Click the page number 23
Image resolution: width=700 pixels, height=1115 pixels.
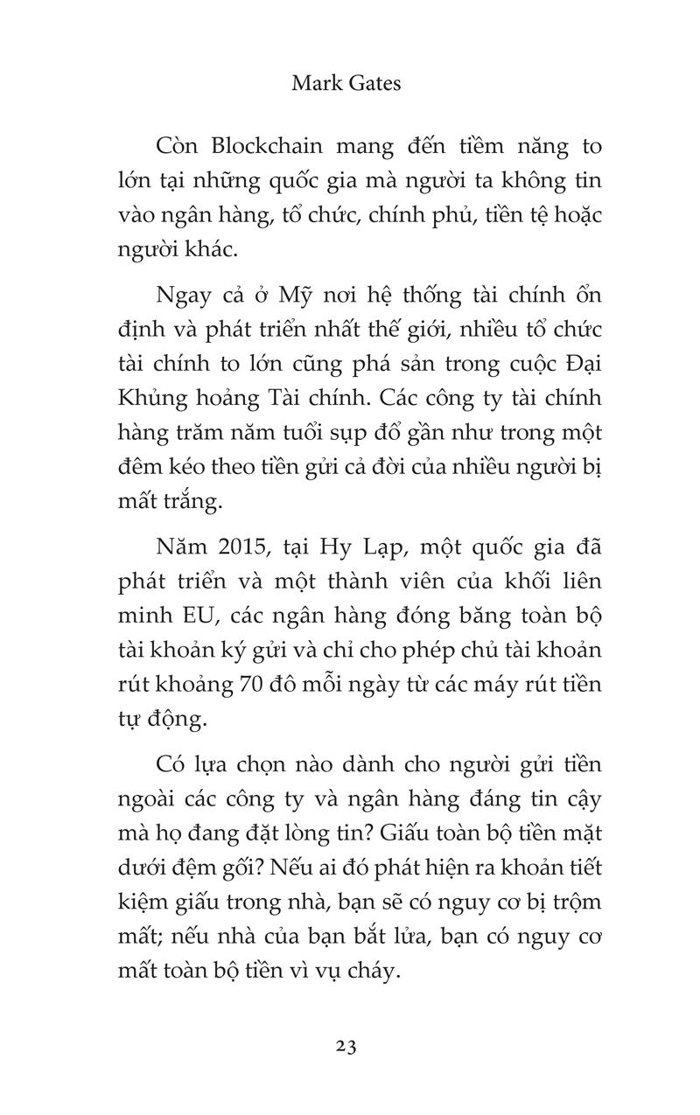346,1046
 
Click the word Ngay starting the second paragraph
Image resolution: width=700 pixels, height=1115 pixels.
183,295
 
